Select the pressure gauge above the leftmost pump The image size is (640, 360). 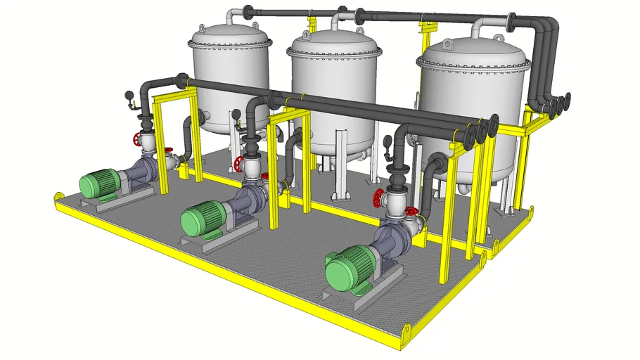click(128, 97)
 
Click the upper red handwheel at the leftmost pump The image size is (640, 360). click(138, 139)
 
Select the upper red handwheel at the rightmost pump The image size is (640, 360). click(380, 199)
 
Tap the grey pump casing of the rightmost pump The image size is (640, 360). click(394, 233)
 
